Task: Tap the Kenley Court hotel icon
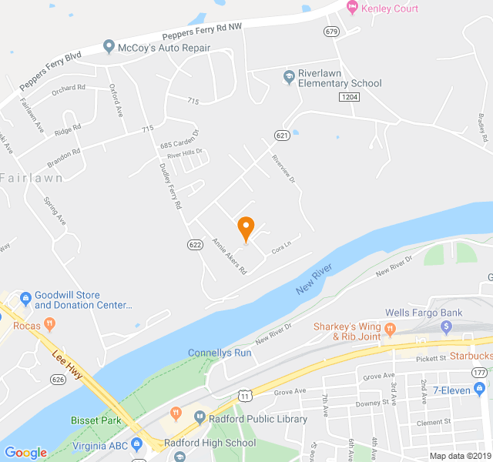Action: (x=353, y=8)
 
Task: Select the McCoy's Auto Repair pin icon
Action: (x=109, y=48)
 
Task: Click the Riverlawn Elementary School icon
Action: (x=289, y=76)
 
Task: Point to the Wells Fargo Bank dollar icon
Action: (x=445, y=327)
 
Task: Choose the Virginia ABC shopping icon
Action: (x=136, y=444)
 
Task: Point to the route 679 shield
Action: (x=332, y=32)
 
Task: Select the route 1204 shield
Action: (x=349, y=96)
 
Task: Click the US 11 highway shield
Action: (x=244, y=396)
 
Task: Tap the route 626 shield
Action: (x=58, y=378)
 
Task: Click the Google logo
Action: (x=25, y=453)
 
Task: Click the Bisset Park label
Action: (x=96, y=420)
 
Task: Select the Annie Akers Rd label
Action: (x=229, y=257)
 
